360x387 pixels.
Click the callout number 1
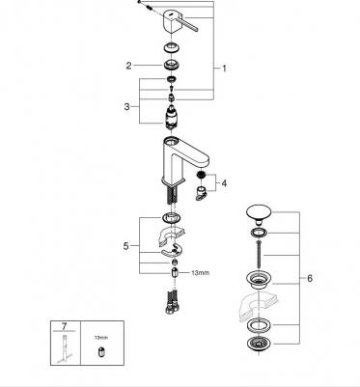[x=224, y=69]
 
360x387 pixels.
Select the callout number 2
[x=128, y=66]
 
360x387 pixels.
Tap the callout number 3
[x=127, y=106]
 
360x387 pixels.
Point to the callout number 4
[x=224, y=183]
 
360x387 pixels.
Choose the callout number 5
[x=125, y=246]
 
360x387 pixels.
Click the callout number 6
[x=310, y=278]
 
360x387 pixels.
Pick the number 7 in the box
[x=64, y=326]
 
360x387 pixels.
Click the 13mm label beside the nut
[x=200, y=273]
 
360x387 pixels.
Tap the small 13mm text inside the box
[x=101, y=338]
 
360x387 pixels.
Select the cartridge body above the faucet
[x=171, y=117]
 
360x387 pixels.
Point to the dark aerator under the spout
[x=202, y=176]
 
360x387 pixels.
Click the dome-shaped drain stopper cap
[x=259, y=213]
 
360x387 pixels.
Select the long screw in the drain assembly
[x=258, y=255]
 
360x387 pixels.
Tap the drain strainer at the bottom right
[x=259, y=346]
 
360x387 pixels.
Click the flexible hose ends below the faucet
[x=172, y=302]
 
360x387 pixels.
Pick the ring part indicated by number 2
[x=171, y=65]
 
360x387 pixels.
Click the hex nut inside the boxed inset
[x=101, y=351]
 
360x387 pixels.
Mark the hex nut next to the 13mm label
[x=175, y=272]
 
